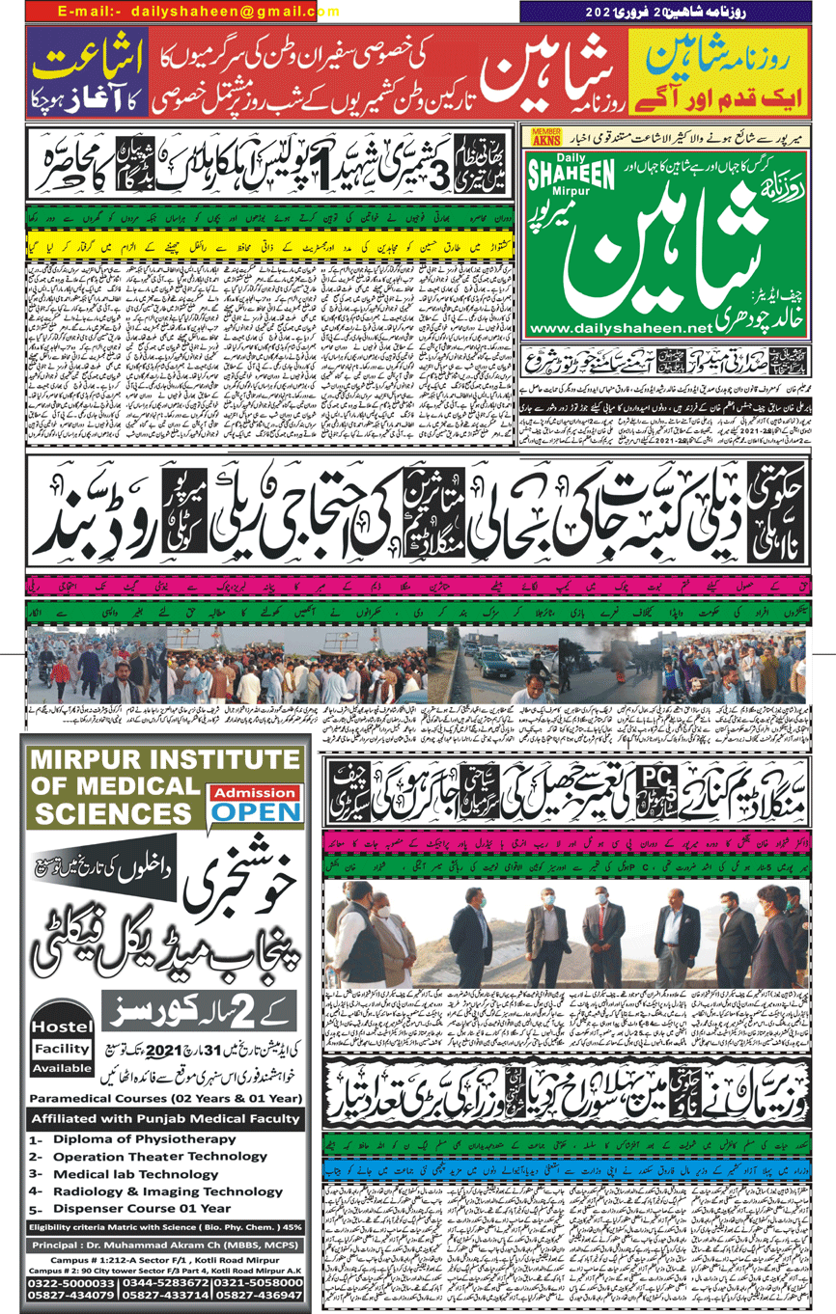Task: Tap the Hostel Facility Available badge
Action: click(x=62, y=1049)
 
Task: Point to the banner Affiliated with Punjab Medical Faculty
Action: click(x=164, y=1119)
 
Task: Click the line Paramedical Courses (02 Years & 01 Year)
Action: click(x=164, y=1099)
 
